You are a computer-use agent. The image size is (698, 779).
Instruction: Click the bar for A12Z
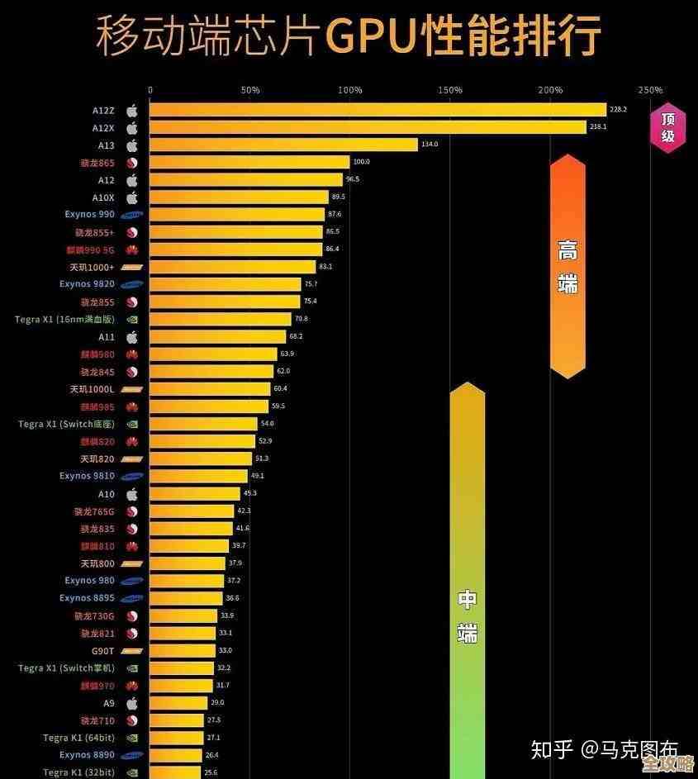[x=377, y=110]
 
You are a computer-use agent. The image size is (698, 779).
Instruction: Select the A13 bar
[x=283, y=145]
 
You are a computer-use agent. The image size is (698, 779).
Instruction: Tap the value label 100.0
[x=361, y=162]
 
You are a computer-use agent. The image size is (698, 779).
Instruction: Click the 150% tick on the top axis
[x=450, y=90]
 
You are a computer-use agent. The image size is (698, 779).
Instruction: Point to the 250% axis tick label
[x=650, y=90]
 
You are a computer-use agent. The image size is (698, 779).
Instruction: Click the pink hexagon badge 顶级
[x=667, y=127]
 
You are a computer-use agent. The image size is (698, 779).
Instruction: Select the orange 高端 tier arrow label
[x=567, y=266]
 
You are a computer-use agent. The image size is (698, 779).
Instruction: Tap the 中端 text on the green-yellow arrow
[x=468, y=615]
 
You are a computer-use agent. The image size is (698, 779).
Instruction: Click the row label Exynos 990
[x=89, y=215]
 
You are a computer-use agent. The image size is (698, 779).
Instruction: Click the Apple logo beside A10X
[x=131, y=197]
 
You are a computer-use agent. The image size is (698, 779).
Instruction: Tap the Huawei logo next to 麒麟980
[x=131, y=354]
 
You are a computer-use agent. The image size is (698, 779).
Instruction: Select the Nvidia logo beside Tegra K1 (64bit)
[x=131, y=738]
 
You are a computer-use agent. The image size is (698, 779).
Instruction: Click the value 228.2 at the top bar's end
[x=618, y=110]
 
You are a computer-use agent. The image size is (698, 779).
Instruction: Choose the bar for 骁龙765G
[x=191, y=511]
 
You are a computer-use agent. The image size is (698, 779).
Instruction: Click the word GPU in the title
[x=371, y=36]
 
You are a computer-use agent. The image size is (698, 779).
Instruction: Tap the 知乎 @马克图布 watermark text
[x=604, y=749]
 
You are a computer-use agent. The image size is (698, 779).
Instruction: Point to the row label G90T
[x=102, y=650]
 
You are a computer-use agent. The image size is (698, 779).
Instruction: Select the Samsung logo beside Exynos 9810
[x=131, y=477]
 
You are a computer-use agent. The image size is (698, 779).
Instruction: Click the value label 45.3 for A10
[x=249, y=493]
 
